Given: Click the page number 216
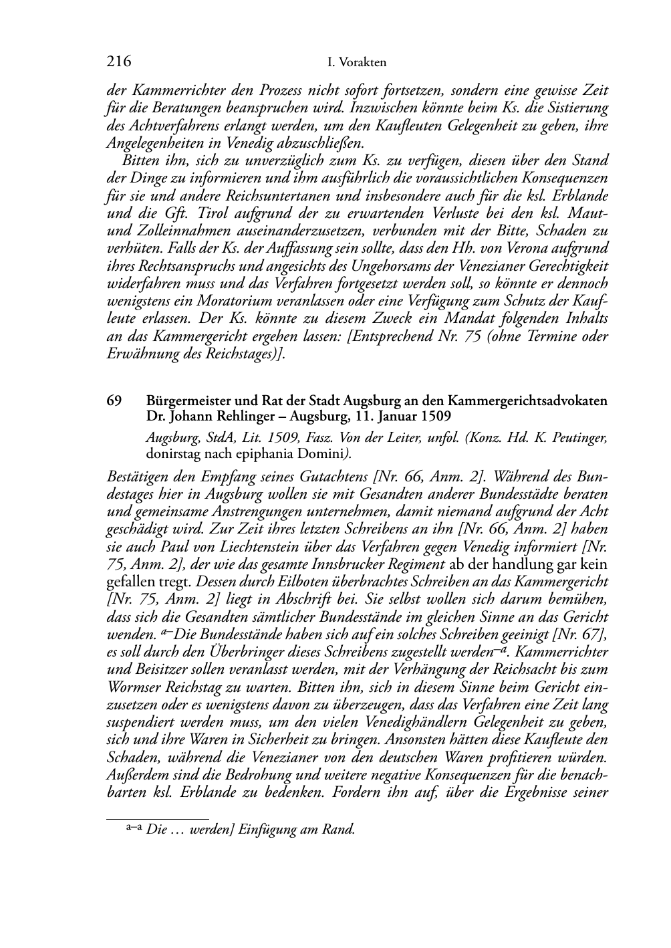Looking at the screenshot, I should click(x=118, y=62).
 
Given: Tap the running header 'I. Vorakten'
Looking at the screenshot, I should click(x=357, y=63).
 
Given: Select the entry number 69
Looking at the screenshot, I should click(x=114, y=401).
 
